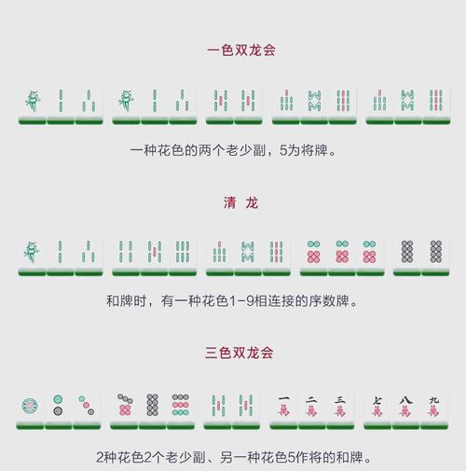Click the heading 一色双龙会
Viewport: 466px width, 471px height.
tap(241, 50)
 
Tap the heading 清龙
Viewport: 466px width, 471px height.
tap(240, 202)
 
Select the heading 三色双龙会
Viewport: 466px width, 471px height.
tap(240, 353)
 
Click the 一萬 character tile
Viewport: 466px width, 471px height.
tap(283, 409)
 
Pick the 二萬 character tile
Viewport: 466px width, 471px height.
tap(311, 409)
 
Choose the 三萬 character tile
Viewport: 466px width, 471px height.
tap(340, 409)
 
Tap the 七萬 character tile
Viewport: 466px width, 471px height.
tap(377, 409)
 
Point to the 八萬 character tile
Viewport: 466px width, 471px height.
tap(405, 409)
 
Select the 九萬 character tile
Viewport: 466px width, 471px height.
tap(434, 409)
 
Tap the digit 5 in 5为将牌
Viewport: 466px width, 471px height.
tap(283, 151)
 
